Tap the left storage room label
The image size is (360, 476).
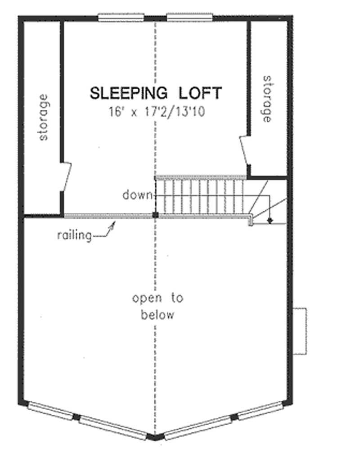tap(43, 117)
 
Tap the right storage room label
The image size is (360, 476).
tap(267, 99)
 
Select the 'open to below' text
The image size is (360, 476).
tap(157, 306)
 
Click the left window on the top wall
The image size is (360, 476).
tap(121, 18)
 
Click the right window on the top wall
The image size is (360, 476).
tap(189, 18)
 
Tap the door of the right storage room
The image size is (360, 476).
tap(245, 151)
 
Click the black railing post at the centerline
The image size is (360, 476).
tap(155, 216)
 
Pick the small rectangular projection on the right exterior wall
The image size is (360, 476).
tap(300, 331)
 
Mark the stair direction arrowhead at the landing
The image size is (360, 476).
tap(270, 220)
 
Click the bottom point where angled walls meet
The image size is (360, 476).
tap(155, 437)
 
